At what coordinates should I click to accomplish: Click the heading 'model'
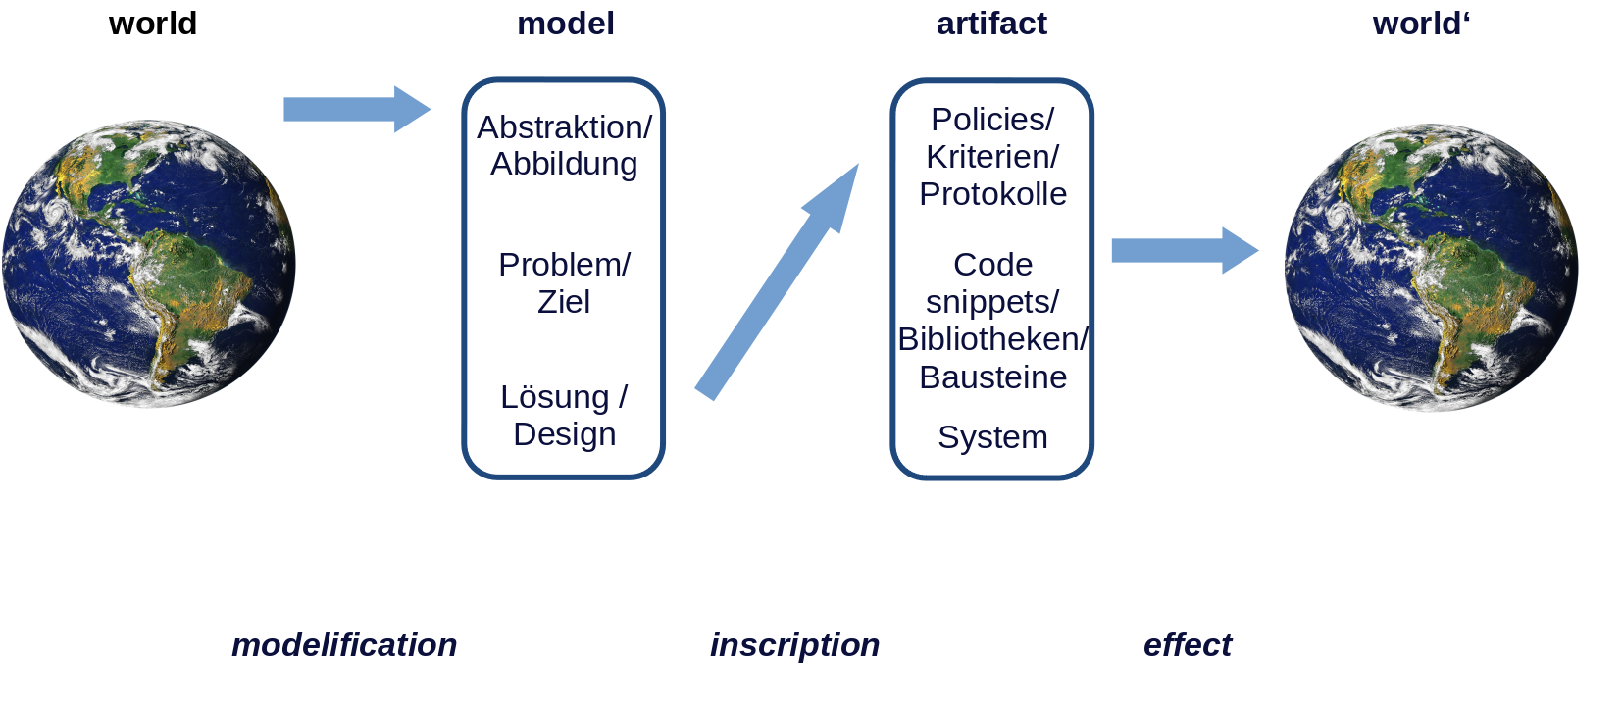566,24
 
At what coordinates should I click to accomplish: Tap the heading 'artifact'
991,24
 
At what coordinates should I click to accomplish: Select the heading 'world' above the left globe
153,24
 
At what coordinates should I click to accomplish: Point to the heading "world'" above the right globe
1421,24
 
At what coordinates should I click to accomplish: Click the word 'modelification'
344,645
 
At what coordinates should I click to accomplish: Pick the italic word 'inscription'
794,645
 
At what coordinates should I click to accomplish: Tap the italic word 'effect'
1187,645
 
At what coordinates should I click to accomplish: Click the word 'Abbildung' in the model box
564,164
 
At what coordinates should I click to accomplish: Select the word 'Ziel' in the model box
564,302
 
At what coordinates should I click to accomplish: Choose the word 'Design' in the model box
564,434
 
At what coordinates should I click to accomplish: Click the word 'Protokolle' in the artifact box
992,194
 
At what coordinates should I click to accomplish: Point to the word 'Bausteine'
992,377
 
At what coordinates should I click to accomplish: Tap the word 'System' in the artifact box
992,437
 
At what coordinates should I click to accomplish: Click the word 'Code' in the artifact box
992,265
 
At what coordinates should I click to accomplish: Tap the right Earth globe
1431,267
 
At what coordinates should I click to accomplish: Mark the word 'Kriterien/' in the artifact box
992,157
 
